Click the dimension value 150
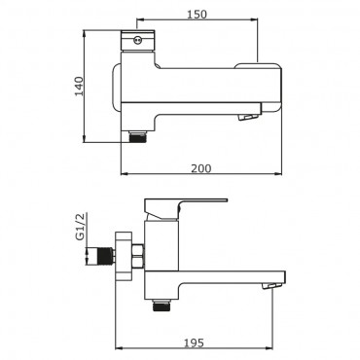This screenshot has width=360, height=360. [197, 15]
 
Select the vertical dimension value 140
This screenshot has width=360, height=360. [79, 87]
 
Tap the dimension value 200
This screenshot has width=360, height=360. [201, 168]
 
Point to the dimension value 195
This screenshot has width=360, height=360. [194, 342]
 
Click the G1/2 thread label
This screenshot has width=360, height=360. [80, 227]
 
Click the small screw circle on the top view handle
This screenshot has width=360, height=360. [137, 40]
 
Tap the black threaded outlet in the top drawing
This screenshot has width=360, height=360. [137, 137]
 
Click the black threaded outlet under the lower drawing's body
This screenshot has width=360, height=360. [162, 305]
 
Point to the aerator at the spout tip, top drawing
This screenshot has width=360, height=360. [248, 117]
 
